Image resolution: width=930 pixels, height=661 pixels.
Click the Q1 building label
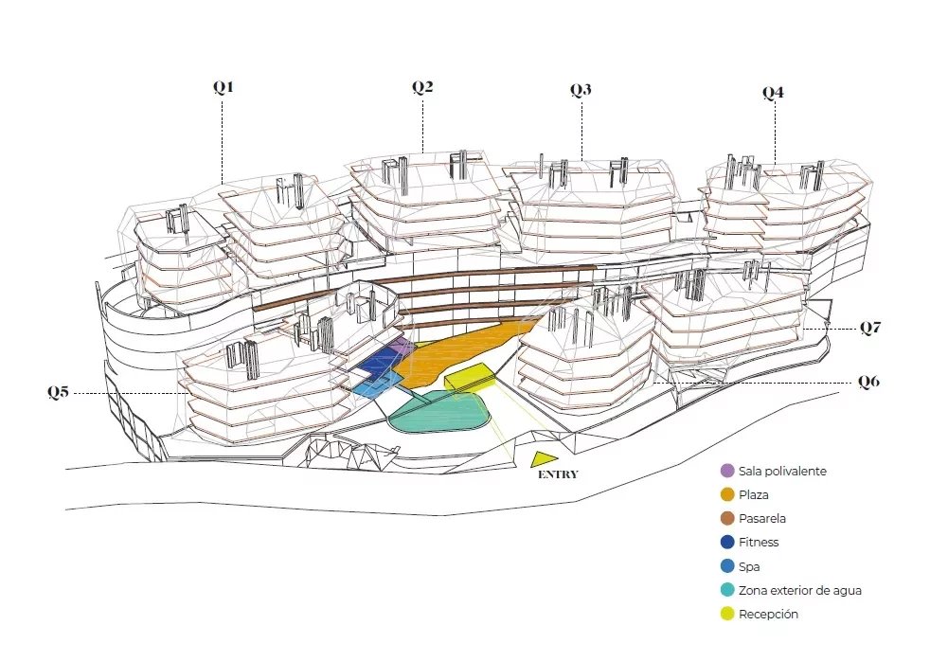coord(223,87)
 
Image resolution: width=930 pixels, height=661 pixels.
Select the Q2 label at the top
coord(422,87)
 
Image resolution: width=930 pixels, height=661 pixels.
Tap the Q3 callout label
coord(581,90)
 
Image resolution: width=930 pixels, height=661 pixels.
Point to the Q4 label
coord(774,93)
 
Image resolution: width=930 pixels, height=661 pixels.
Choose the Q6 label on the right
coord(868,382)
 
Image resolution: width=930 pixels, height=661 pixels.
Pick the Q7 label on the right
coord(870,329)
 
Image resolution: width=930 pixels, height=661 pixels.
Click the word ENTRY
coord(557,475)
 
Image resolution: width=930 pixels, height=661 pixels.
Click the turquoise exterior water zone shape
coord(439,413)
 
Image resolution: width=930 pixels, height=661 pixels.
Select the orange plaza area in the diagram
coord(455,350)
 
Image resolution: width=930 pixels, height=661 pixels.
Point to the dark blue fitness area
coord(379,361)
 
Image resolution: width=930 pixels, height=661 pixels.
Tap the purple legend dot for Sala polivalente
coord(726,471)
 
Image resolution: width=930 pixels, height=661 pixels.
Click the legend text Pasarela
coord(762,519)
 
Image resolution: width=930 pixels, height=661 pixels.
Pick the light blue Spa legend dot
coord(726,566)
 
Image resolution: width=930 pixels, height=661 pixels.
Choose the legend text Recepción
coord(768,615)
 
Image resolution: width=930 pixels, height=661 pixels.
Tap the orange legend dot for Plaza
coord(726,494)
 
